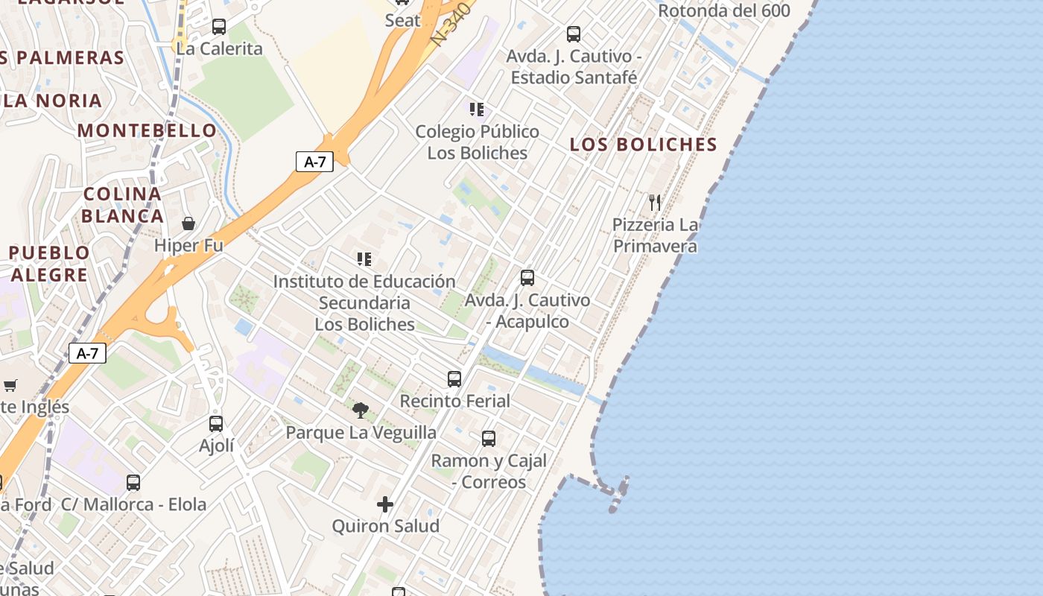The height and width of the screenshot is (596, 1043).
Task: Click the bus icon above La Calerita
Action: tap(219, 27)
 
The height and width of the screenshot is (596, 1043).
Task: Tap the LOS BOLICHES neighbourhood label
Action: tap(643, 145)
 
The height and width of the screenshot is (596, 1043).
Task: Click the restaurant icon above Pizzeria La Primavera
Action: tap(655, 202)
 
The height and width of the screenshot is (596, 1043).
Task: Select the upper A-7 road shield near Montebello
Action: tap(314, 162)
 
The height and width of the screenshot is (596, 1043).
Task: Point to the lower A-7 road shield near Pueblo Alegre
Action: tap(87, 353)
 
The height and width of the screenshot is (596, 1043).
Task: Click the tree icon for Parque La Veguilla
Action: tap(361, 410)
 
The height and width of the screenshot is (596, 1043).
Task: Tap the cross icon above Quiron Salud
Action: tap(385, 504)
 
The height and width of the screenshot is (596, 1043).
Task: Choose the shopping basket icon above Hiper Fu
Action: tap(188, 223)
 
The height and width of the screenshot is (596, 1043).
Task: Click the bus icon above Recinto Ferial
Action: tap(454, 378)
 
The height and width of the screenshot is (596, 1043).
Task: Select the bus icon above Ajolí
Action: tap(216, 424)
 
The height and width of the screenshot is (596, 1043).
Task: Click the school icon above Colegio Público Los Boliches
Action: tap(477, 110)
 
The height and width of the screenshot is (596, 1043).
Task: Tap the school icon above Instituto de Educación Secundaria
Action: tap(364, 259)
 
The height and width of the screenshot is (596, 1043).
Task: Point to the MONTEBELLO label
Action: tap(147, 130)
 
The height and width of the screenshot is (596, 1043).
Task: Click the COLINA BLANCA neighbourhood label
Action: tap(122, 205)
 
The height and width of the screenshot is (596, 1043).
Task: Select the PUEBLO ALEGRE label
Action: tap(49, 264)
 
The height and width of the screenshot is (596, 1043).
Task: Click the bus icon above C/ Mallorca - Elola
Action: tap(133, 483)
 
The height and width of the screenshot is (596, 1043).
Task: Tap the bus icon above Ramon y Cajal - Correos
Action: tap(489, 439)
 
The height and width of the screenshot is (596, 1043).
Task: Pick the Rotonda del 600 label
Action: tap(724, 10)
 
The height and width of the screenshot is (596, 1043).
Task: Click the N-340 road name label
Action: tap(452, 24)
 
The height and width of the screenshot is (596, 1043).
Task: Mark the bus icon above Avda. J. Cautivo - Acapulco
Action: tap(527, 278)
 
